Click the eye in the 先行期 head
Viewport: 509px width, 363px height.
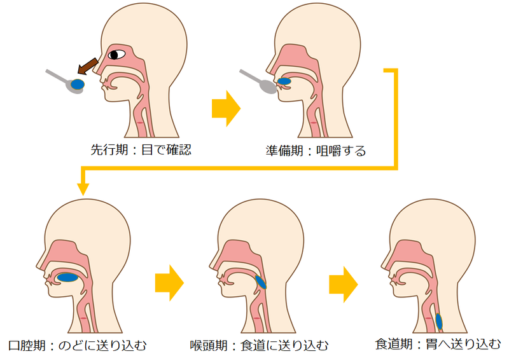click(117, 54)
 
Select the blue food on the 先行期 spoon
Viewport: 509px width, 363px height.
click(79, 84)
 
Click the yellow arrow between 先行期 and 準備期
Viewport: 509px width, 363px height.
click(226, 109)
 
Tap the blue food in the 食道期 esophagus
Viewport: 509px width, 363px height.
click(439, 321)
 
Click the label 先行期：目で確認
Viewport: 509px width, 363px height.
click(141, 151)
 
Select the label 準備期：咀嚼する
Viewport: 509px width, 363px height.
click(316, 151)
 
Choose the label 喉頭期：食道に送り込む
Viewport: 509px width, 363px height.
click(260, 346)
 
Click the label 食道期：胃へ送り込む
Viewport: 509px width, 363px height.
click(438, 345)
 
